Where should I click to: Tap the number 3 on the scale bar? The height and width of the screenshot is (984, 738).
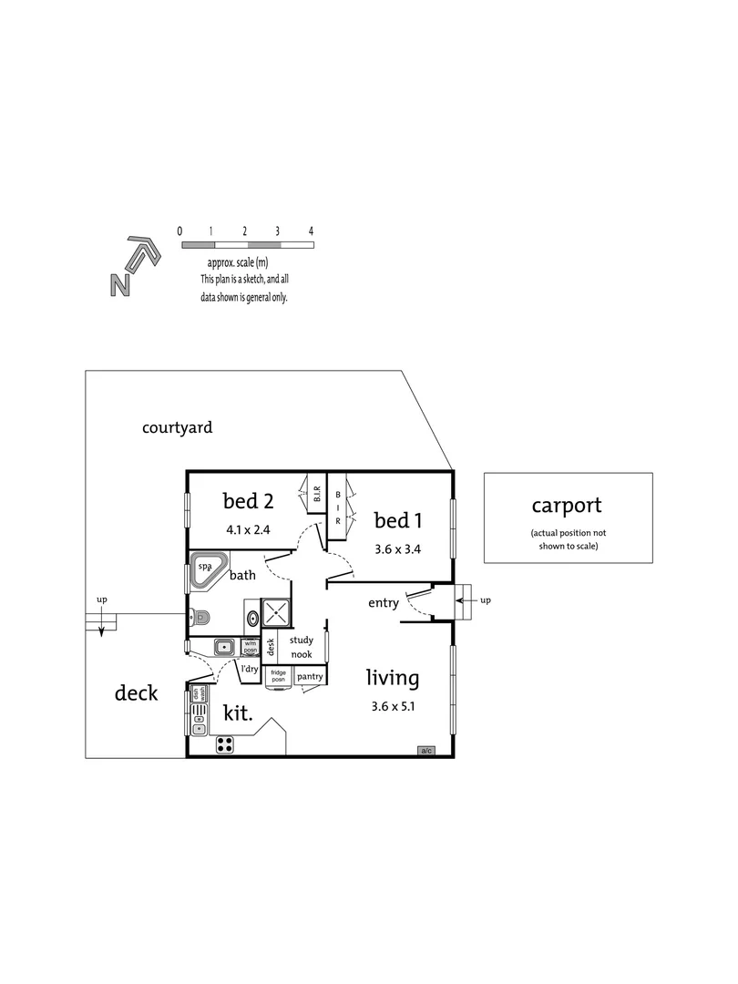[x=278, y=231]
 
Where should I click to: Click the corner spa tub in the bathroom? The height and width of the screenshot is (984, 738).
[x=209, y=571]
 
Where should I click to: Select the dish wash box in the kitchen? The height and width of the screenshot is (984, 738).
[x=198, y=693]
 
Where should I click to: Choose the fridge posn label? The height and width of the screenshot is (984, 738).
[x=278, y=676]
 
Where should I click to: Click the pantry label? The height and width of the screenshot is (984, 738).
[x=310, y=677]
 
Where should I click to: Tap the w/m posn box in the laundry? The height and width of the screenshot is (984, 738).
[x=251, y=647]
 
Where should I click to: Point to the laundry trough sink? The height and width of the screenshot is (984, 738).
[x=223, y=647]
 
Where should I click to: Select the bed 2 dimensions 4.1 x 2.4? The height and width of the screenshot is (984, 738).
[x=248, y=528]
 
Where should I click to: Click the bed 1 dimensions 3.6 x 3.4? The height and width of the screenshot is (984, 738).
[x=398, y=548]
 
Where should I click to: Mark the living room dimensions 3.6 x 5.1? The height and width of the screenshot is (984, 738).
[x=393, y=706]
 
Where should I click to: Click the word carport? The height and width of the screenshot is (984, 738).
[x=567, y=506]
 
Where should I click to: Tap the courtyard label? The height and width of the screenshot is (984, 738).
[x=178, y=426]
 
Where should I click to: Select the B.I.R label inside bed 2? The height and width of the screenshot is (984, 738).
[x=316, y=495]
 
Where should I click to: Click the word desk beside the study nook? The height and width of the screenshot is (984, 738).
[x=271, y=648]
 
